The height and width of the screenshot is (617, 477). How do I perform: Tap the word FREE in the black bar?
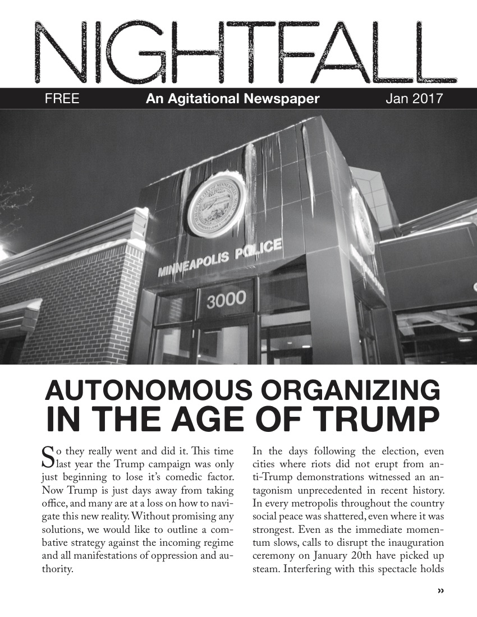coord(62,100)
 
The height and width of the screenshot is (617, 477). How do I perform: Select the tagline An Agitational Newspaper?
coord(232,100)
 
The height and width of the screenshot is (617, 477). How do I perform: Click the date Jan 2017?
coord(414,100)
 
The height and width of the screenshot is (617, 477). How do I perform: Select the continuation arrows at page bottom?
coord(440,590)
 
